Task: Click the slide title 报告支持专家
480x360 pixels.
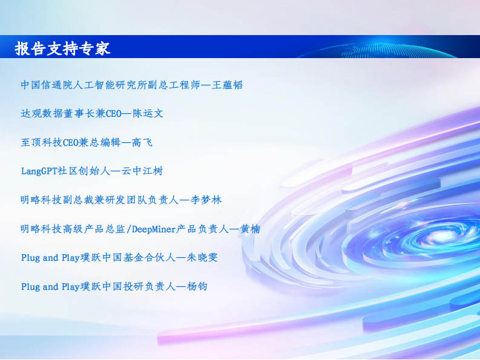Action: [x=63, y=48]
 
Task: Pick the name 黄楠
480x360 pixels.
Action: [x=250, y=229]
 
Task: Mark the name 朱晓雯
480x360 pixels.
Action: [x=202, y=258]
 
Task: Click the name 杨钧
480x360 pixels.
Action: [x=198, y=286]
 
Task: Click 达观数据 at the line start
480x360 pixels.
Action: [x=41, y=113]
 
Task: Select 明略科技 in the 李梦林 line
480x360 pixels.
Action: [x=41, y=200]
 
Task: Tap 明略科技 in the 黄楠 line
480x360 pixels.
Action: [x=41, y=229]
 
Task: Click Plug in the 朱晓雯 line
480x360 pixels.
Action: [x=30, y=258]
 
